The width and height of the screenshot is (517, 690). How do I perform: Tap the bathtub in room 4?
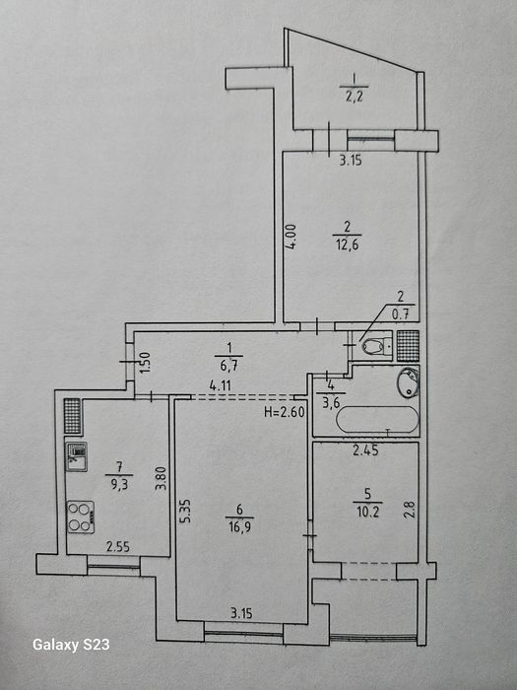pos(377,419)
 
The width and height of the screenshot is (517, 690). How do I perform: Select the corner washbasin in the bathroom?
pos(409,382)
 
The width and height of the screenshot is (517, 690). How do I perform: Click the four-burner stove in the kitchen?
pos(81,517)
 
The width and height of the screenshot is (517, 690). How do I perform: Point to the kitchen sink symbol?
pos(77,456)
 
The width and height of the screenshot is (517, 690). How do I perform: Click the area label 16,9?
pos(239,526)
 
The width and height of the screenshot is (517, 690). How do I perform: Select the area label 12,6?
pos(348,244)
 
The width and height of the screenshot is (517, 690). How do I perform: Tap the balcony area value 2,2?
pos(354,96)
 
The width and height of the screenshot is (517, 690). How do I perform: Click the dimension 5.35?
pos(186,511)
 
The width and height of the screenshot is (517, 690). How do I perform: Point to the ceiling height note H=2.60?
pos(284,412)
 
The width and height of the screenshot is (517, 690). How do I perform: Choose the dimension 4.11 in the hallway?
pos(221,386)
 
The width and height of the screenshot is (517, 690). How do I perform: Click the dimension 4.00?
pos(291,238)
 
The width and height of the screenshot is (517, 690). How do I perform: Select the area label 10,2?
pos(367,512)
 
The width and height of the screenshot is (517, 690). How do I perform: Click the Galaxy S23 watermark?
pos(71,645)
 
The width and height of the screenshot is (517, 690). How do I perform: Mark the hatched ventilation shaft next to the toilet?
pos(408,345)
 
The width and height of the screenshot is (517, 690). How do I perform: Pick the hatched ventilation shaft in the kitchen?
pos(73,416)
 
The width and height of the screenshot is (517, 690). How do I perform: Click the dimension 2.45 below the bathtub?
pos(365,450)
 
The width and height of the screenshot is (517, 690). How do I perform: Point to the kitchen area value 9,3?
pos(119,485)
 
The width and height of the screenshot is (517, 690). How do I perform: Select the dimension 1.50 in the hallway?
pos(148,362)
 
